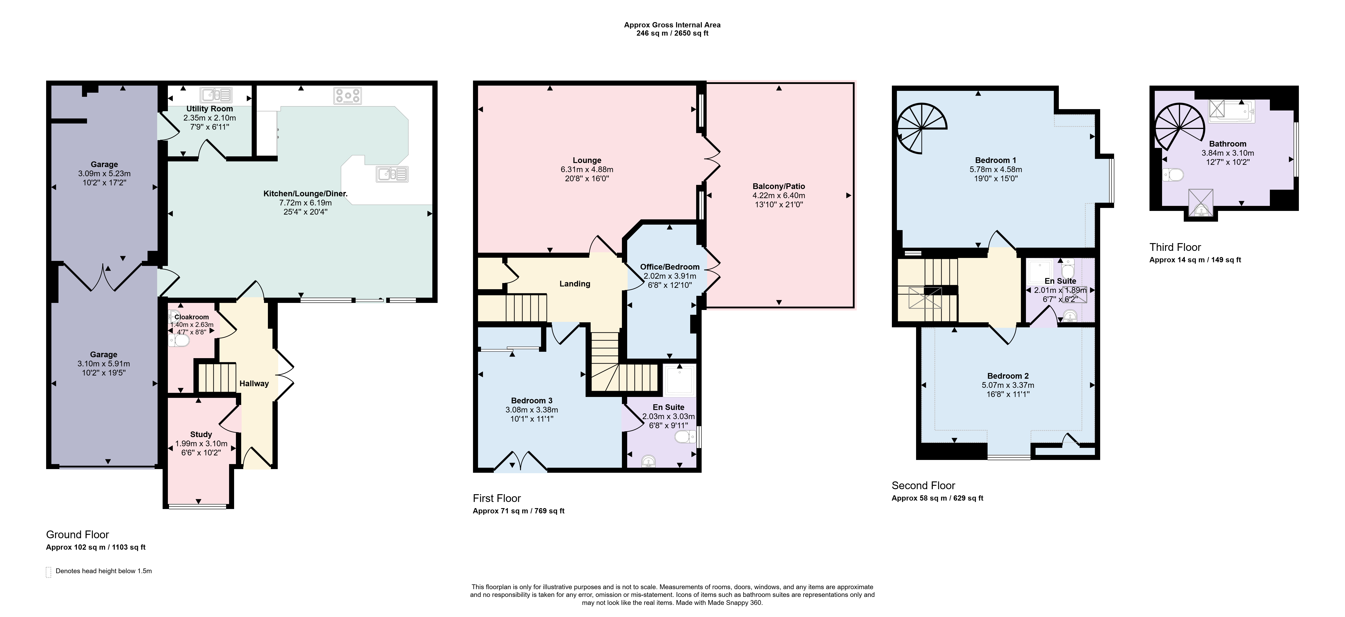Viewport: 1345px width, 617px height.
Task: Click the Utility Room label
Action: [x=209, y=109]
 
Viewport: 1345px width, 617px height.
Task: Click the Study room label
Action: [x=201, y=434]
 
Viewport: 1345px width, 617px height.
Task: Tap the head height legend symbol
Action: [x=49, y=572]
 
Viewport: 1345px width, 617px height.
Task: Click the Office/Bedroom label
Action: [x=670, y=267]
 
